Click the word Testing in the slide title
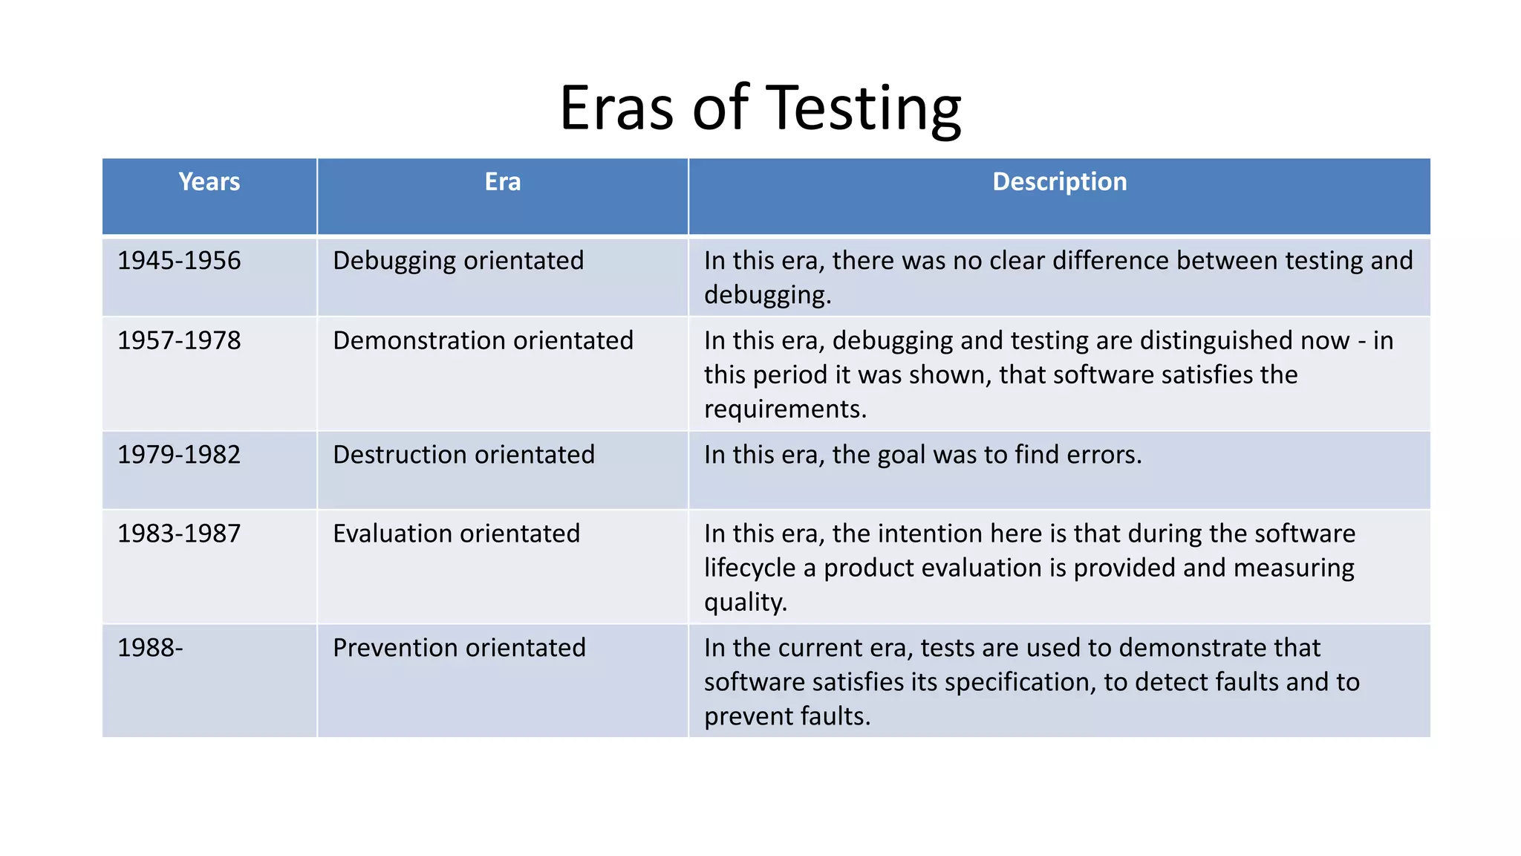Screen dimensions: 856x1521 pyautogui.click(x=863, y=108)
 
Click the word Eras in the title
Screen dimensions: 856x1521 pyautogui.click(x=616, y=108)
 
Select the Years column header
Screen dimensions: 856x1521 pyautogui.click(x=209, y=182)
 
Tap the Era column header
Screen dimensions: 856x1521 pyautogui.click(x=503, y=182)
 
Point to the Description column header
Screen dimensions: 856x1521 pyautogui.click(x=1059, y=182)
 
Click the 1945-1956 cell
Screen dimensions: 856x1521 pyautogui.click(x=179, y=261)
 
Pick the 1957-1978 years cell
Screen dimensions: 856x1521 pyautogui.click(x=179, y=340)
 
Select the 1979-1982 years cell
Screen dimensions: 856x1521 pyautogui.click(x=179, y=455)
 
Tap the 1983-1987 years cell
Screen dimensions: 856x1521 pyautogui.click(x=179, y=534)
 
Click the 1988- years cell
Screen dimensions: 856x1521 pyautogui.click(x=150, y=648)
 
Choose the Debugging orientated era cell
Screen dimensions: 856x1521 pyautogui.click(x=458, y=261)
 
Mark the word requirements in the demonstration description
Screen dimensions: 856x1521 pyautogui.click(x=785, y=409)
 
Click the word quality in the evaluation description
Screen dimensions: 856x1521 pyautogui.click(x=744, y=602)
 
